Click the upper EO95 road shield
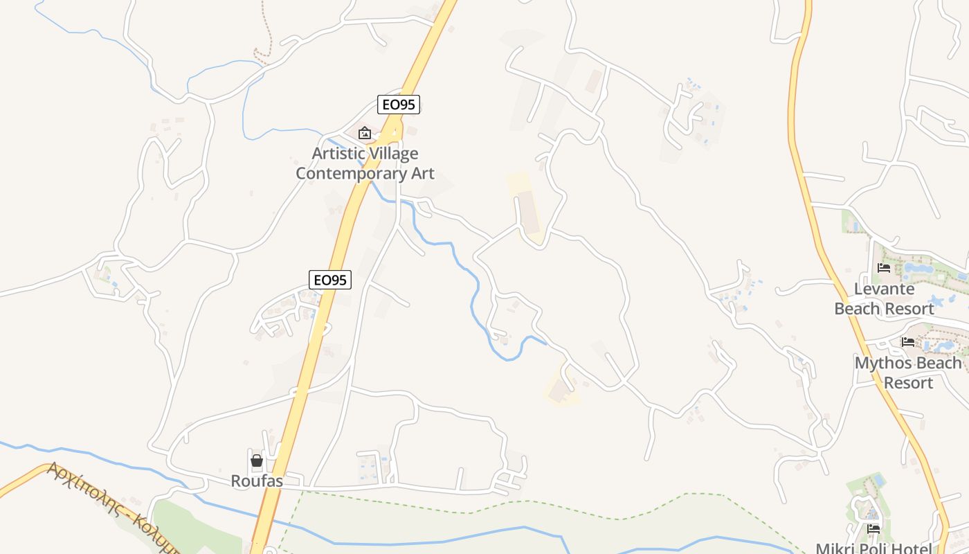[399, 105]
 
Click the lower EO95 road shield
[330, 280]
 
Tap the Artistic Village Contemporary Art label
[365, 163]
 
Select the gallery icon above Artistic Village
[364, 133]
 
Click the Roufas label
[257, 481]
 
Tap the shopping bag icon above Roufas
[257, 461]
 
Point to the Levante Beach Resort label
[884, 298]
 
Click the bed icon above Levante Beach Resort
[884, 268]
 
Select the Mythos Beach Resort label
[908, 373]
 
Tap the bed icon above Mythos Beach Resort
[908, 342]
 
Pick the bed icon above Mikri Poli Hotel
[873, 529]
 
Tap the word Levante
[884, 289]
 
